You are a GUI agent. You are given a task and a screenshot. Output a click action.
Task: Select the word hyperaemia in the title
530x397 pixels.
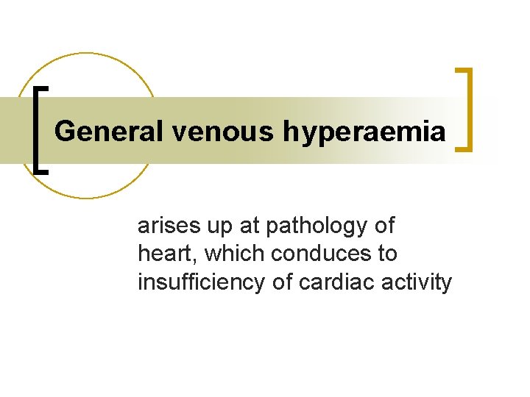(363, 133)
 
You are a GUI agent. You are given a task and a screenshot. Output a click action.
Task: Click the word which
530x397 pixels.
(235, 254)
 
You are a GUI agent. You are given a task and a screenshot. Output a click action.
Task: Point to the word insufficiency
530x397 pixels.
(200, 282)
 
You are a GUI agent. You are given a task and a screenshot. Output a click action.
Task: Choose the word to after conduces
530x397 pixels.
(387, 254)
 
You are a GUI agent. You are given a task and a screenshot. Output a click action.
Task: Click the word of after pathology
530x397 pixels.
(384, 226)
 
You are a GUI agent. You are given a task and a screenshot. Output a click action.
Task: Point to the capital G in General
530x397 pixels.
(65, 132)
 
